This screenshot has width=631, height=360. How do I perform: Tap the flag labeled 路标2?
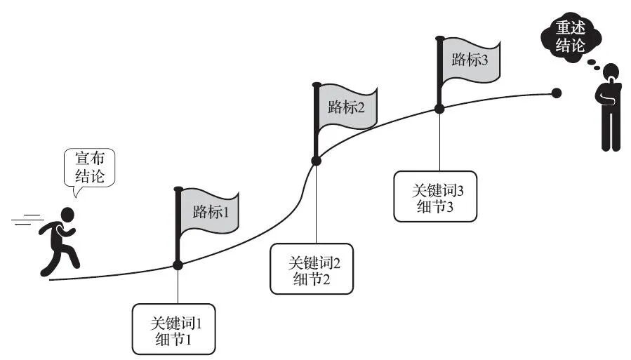click(347, 108)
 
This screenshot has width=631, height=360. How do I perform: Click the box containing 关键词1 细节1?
click(173, 329)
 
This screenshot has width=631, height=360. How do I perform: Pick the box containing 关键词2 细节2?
click(312, 269)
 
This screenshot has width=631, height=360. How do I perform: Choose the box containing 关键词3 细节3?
click(434, 196)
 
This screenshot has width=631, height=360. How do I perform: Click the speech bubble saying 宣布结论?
click(89, 168)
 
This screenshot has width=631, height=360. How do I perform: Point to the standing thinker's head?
click(611, 71)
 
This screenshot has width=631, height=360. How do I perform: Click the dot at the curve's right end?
click(557, 93)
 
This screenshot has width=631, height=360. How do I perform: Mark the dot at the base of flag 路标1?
click(178, 265)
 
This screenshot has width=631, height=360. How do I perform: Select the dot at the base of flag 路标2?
click(316, 161)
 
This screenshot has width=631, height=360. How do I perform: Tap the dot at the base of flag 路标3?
click(439, 108)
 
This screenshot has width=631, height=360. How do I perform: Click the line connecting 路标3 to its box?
click(439, 140)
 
